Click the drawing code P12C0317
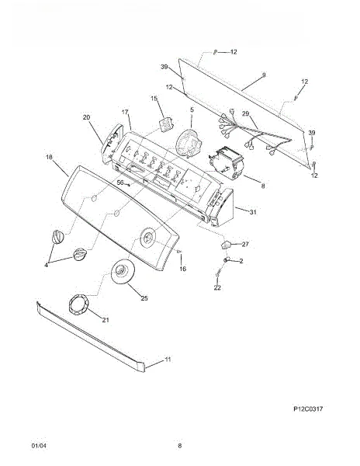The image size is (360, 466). click(x=308, y=409)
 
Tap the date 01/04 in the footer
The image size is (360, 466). click(x=39, y=446)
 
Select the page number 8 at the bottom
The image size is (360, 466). click(x=179, y=446)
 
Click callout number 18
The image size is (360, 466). click(x=49, y=157)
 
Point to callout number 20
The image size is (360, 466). click(x=86, y=117)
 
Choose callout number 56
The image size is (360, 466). click(x=120, y=183)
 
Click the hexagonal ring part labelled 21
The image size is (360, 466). click(x=78, y=304)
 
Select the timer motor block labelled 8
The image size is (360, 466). click(x=226, y=163)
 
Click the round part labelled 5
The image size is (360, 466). click(x=189, y=143)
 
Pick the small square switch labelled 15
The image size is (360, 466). click(x=166, y=123)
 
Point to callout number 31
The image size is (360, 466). click(x=253, y=212)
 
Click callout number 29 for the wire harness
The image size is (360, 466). click(x=245, y=113)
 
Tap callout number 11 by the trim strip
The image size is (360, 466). click(x=168, y=360)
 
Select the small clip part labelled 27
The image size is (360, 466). click(x=226, y=245)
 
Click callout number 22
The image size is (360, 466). click(x=217, y=287)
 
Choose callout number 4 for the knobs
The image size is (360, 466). click(x=47, y=265)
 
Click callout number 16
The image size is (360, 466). click(x=183, y=269)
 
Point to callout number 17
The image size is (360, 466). click(x=125, y=112)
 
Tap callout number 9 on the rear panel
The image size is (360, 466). click(x=264, y=75)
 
